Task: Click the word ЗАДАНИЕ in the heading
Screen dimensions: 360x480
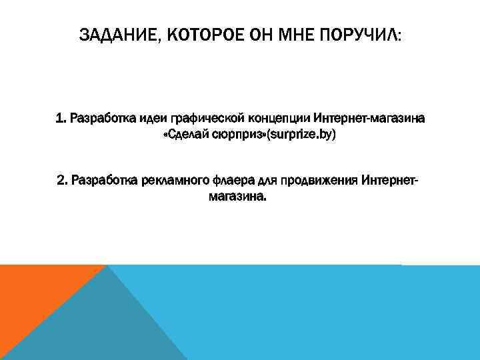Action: (117, 35)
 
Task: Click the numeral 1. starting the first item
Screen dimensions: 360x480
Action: (61, 119)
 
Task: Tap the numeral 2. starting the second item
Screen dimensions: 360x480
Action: (63, 181)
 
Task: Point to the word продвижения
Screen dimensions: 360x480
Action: (320, 181)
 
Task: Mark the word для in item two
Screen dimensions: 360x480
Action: (267, 181)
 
